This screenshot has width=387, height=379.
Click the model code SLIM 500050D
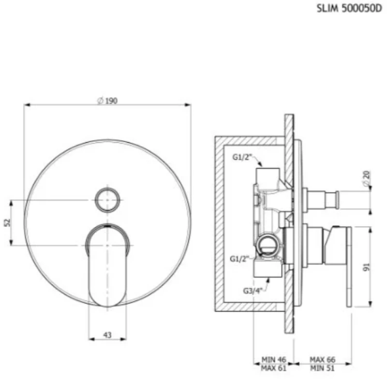pos(349,9)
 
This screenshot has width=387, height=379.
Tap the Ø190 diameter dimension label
pos(107,101)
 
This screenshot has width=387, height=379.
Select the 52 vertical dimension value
pos(8,222)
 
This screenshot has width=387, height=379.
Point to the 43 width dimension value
pos(107,335)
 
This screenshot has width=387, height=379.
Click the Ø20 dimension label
pos(367,178)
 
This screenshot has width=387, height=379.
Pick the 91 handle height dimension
pos(368,267)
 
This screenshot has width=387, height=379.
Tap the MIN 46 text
pos(274,360)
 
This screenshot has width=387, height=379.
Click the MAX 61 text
pos(274,368)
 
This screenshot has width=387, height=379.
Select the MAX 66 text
pos(323,360)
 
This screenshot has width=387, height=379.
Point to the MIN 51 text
pos(323,368)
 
